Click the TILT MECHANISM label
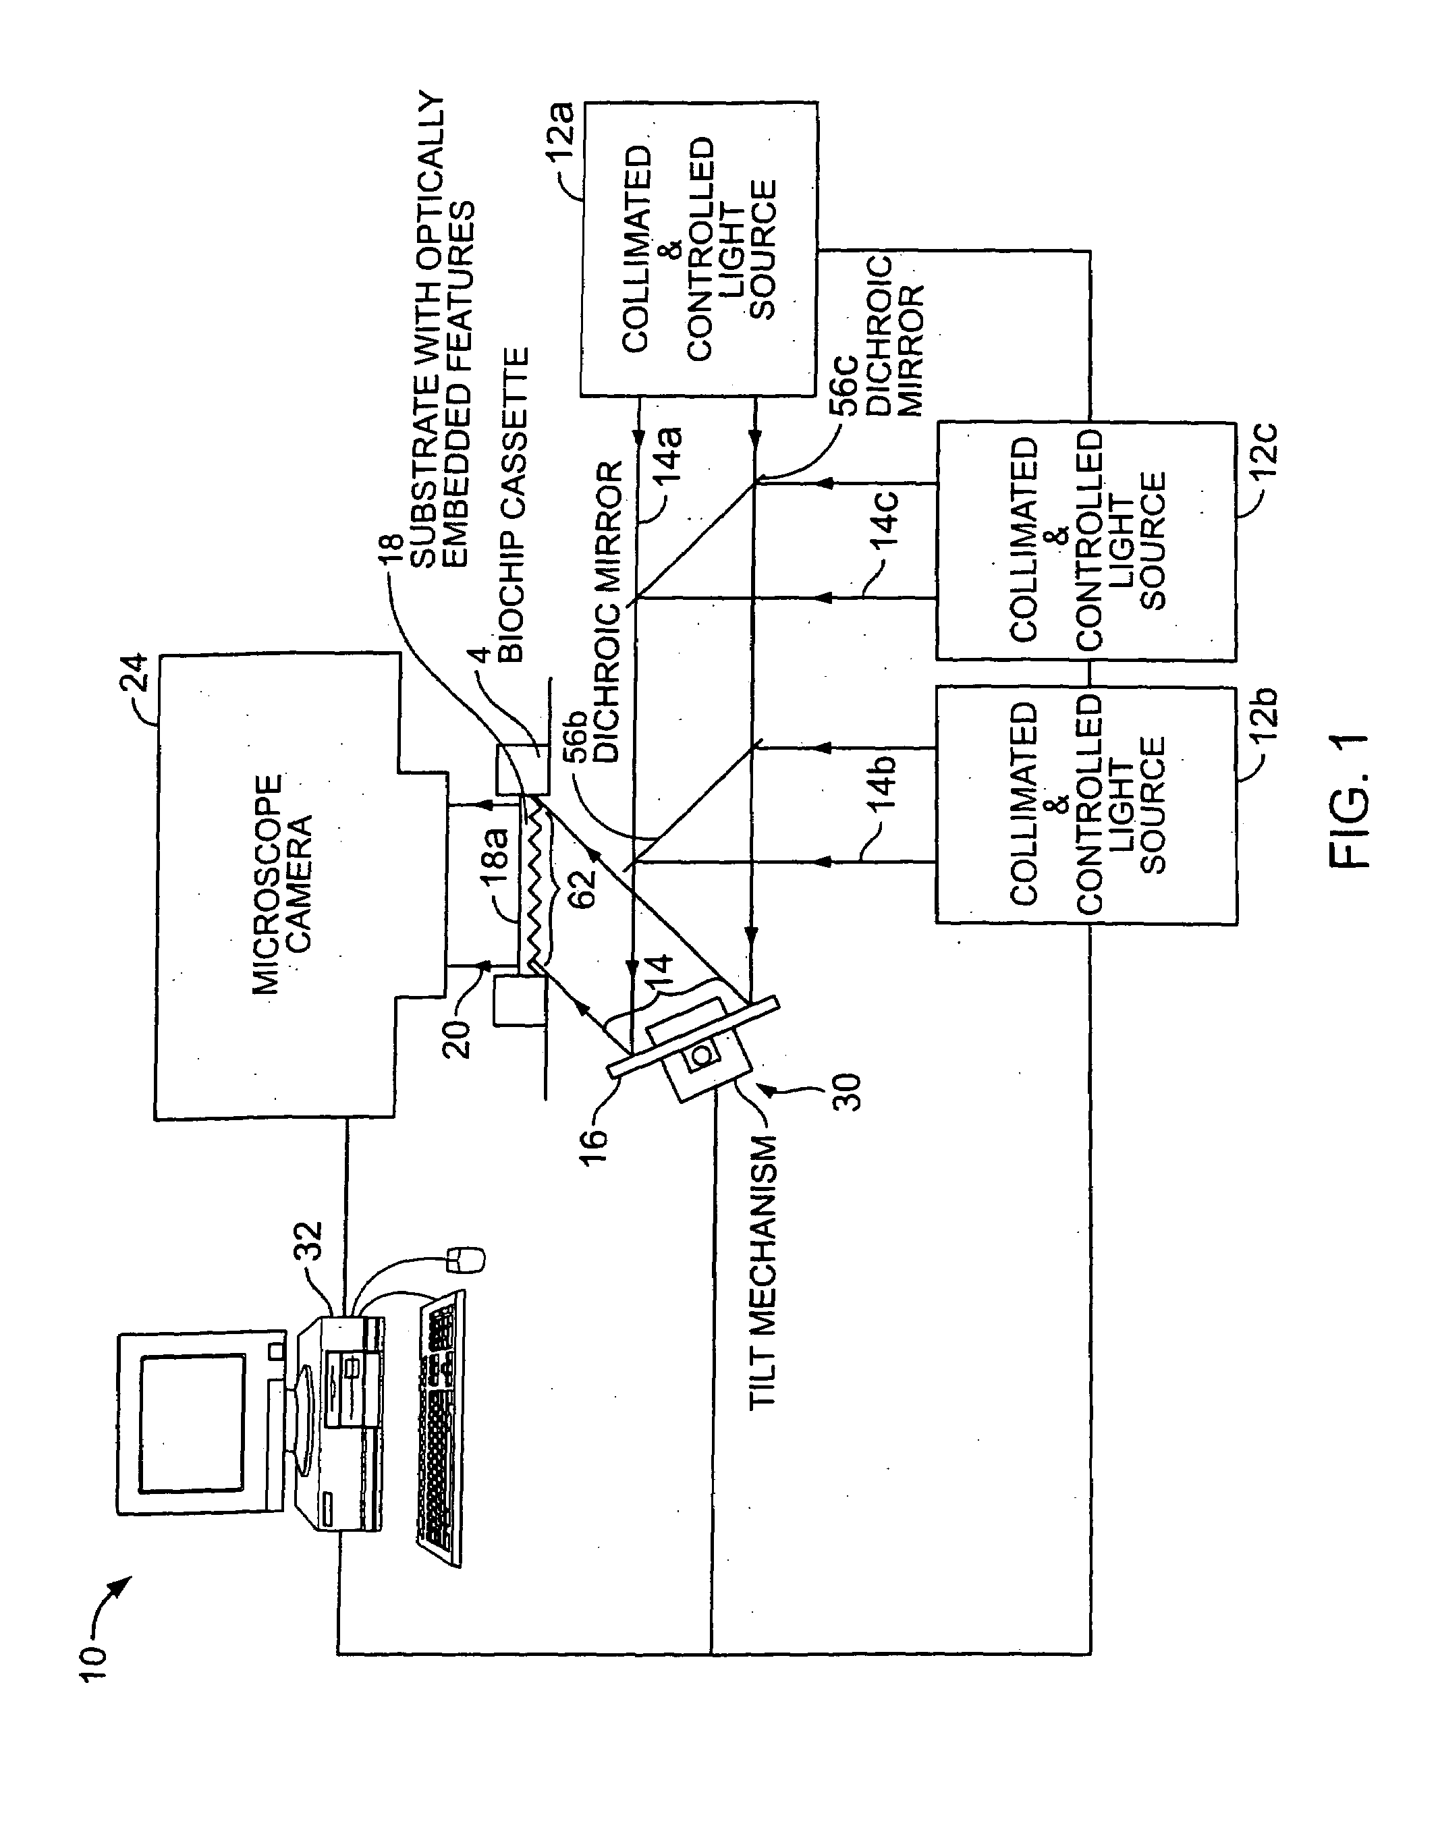point(762,1272)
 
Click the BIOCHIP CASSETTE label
point(514,505)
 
